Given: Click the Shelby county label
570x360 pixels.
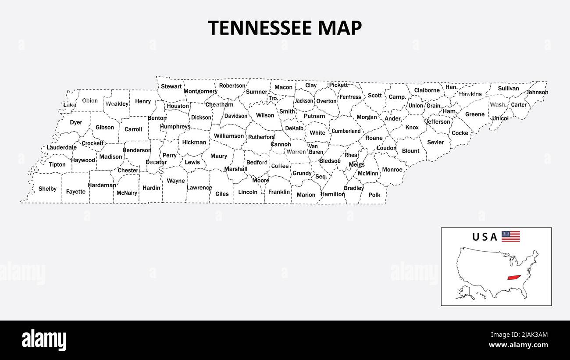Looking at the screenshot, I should [47, 189].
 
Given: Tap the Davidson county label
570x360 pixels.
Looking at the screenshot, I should [236, 116].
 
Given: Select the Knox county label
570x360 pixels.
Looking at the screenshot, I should [412, 128].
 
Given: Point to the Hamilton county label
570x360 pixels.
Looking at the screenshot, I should [333, 194].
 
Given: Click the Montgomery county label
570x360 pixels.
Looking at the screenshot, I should [200, 92].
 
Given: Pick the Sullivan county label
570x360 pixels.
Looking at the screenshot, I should [508, 89].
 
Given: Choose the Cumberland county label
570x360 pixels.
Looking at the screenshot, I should [346, 131].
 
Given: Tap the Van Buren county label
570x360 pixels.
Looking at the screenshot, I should [316, 149].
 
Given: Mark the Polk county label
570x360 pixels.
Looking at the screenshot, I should [374, 195].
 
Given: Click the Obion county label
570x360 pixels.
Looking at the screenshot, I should [90, 101].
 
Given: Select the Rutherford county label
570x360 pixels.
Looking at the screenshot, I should [261, 137].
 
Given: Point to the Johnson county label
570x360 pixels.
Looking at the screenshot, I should [537, 93].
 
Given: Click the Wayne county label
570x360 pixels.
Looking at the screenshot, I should [176, 181].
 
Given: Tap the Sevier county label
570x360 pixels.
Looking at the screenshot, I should [435, 143].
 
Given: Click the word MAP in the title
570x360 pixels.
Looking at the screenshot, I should [340, 28].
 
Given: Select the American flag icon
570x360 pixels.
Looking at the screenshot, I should [510, 237].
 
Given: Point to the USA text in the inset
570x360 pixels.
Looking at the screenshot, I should [484, 237].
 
